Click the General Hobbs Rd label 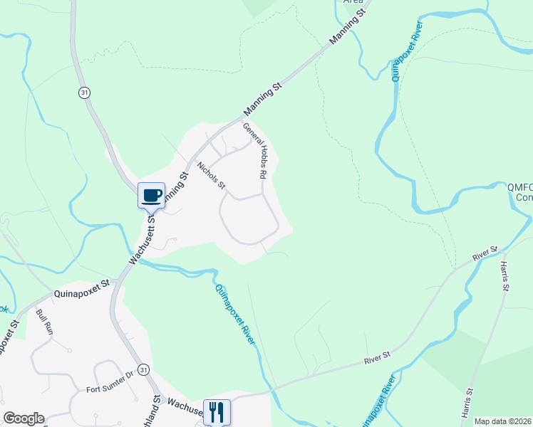tap(255, 152)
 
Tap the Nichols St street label tap(211, 176)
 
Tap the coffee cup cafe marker tap(151, 196)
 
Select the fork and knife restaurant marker tap(217, 411)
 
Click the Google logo tap(24, 418)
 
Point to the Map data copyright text tap(503, 421)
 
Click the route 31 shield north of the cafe tap(84, 94)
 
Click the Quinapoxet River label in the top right tap(407, 51)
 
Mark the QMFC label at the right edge tap(519, 188)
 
